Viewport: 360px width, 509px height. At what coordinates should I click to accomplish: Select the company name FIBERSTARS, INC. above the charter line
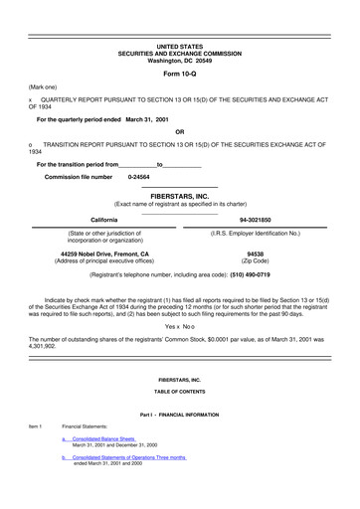[x=180, y=197]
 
